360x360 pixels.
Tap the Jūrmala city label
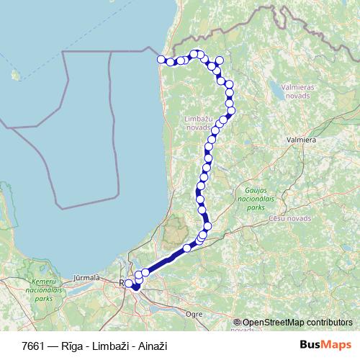[86, 276]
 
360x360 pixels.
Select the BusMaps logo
[325, 345]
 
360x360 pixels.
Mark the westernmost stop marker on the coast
[161, 60]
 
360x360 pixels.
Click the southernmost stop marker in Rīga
[135, 288]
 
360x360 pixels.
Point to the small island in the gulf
[14, 73]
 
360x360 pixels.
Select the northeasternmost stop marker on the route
[220, 60]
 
